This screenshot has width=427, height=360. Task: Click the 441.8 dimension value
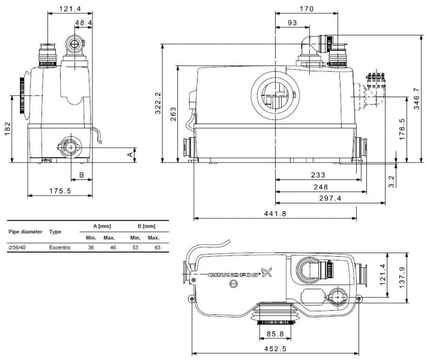(275, 214)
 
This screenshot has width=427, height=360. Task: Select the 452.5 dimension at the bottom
(275, 349)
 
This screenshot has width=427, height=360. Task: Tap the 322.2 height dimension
(158, 103)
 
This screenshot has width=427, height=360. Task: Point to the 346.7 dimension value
(417, 98)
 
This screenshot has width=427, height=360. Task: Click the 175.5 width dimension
(60, 191)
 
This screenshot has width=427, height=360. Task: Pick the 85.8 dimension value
(275, 334)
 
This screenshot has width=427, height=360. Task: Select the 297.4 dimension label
(330, 199)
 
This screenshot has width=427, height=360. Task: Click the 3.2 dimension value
(392, 181)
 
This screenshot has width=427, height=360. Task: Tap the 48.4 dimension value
(83, 23)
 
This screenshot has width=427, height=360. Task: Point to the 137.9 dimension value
(402, 278)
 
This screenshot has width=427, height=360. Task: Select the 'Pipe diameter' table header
(25, 232)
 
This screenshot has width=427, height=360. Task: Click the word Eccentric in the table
(59, 248)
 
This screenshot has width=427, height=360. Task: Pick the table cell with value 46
(113, 248)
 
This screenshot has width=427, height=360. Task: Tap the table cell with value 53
(135, 248)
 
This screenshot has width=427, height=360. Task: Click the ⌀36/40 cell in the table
(17, 248)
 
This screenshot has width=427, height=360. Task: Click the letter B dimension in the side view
(82, 175)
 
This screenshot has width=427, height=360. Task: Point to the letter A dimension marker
(130, 154)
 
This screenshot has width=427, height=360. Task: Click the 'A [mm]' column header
(102, 226)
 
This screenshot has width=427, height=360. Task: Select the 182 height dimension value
(8, 128)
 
